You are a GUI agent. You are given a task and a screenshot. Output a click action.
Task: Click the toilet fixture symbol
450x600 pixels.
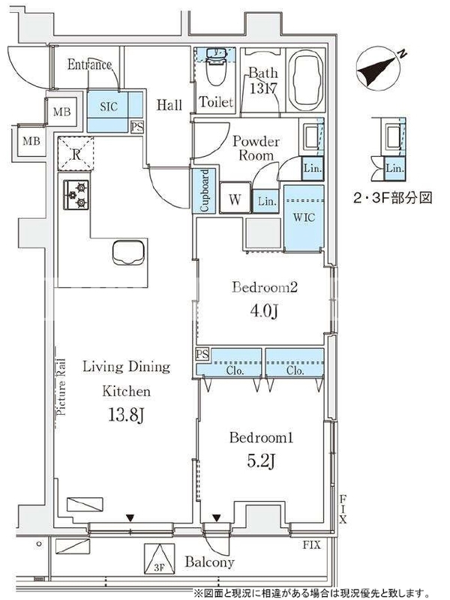(x=216, y=67)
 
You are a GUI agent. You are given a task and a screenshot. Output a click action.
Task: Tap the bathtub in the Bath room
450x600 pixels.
(x=305, y=80)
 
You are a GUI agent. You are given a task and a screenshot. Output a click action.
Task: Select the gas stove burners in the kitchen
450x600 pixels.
(x=76, y=194)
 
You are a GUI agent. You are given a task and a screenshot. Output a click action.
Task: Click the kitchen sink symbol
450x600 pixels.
(x=128, y=252)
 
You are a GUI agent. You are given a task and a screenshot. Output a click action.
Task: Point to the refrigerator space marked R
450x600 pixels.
(x=76, y=154)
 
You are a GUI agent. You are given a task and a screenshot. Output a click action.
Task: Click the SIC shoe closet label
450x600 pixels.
(x=109, y=106)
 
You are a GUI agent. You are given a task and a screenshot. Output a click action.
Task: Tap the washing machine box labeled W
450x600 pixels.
(x=235, y=198)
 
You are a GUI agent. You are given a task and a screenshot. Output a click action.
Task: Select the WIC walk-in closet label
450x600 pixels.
(x=304, y=217)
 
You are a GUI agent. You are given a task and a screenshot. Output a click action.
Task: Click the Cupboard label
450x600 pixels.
(x=205, y=190)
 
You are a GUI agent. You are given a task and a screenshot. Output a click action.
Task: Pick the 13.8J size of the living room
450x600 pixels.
(x=126, y=415)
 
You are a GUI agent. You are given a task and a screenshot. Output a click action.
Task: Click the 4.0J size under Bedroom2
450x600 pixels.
(x=264, y=311)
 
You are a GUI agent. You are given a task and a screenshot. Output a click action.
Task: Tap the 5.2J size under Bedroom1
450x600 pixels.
(x=262, y=460)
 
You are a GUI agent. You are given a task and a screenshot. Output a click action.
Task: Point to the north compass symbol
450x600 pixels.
(x=379, y=69)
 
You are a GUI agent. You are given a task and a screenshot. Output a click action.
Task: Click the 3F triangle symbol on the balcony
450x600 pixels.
(x=159, y=559)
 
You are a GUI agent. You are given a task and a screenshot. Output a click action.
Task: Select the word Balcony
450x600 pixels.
(x=209, y=562)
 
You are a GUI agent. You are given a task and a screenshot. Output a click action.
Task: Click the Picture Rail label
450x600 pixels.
(x=61, y=387)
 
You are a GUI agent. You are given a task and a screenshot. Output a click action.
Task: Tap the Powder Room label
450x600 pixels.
(x=256, y=148)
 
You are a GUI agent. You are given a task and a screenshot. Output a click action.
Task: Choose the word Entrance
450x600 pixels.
(x=89, y=64)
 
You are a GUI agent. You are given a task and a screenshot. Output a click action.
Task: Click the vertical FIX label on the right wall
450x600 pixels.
(x=343, y=509)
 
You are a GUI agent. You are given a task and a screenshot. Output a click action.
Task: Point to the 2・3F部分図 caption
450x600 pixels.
(x=392, y=198)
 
